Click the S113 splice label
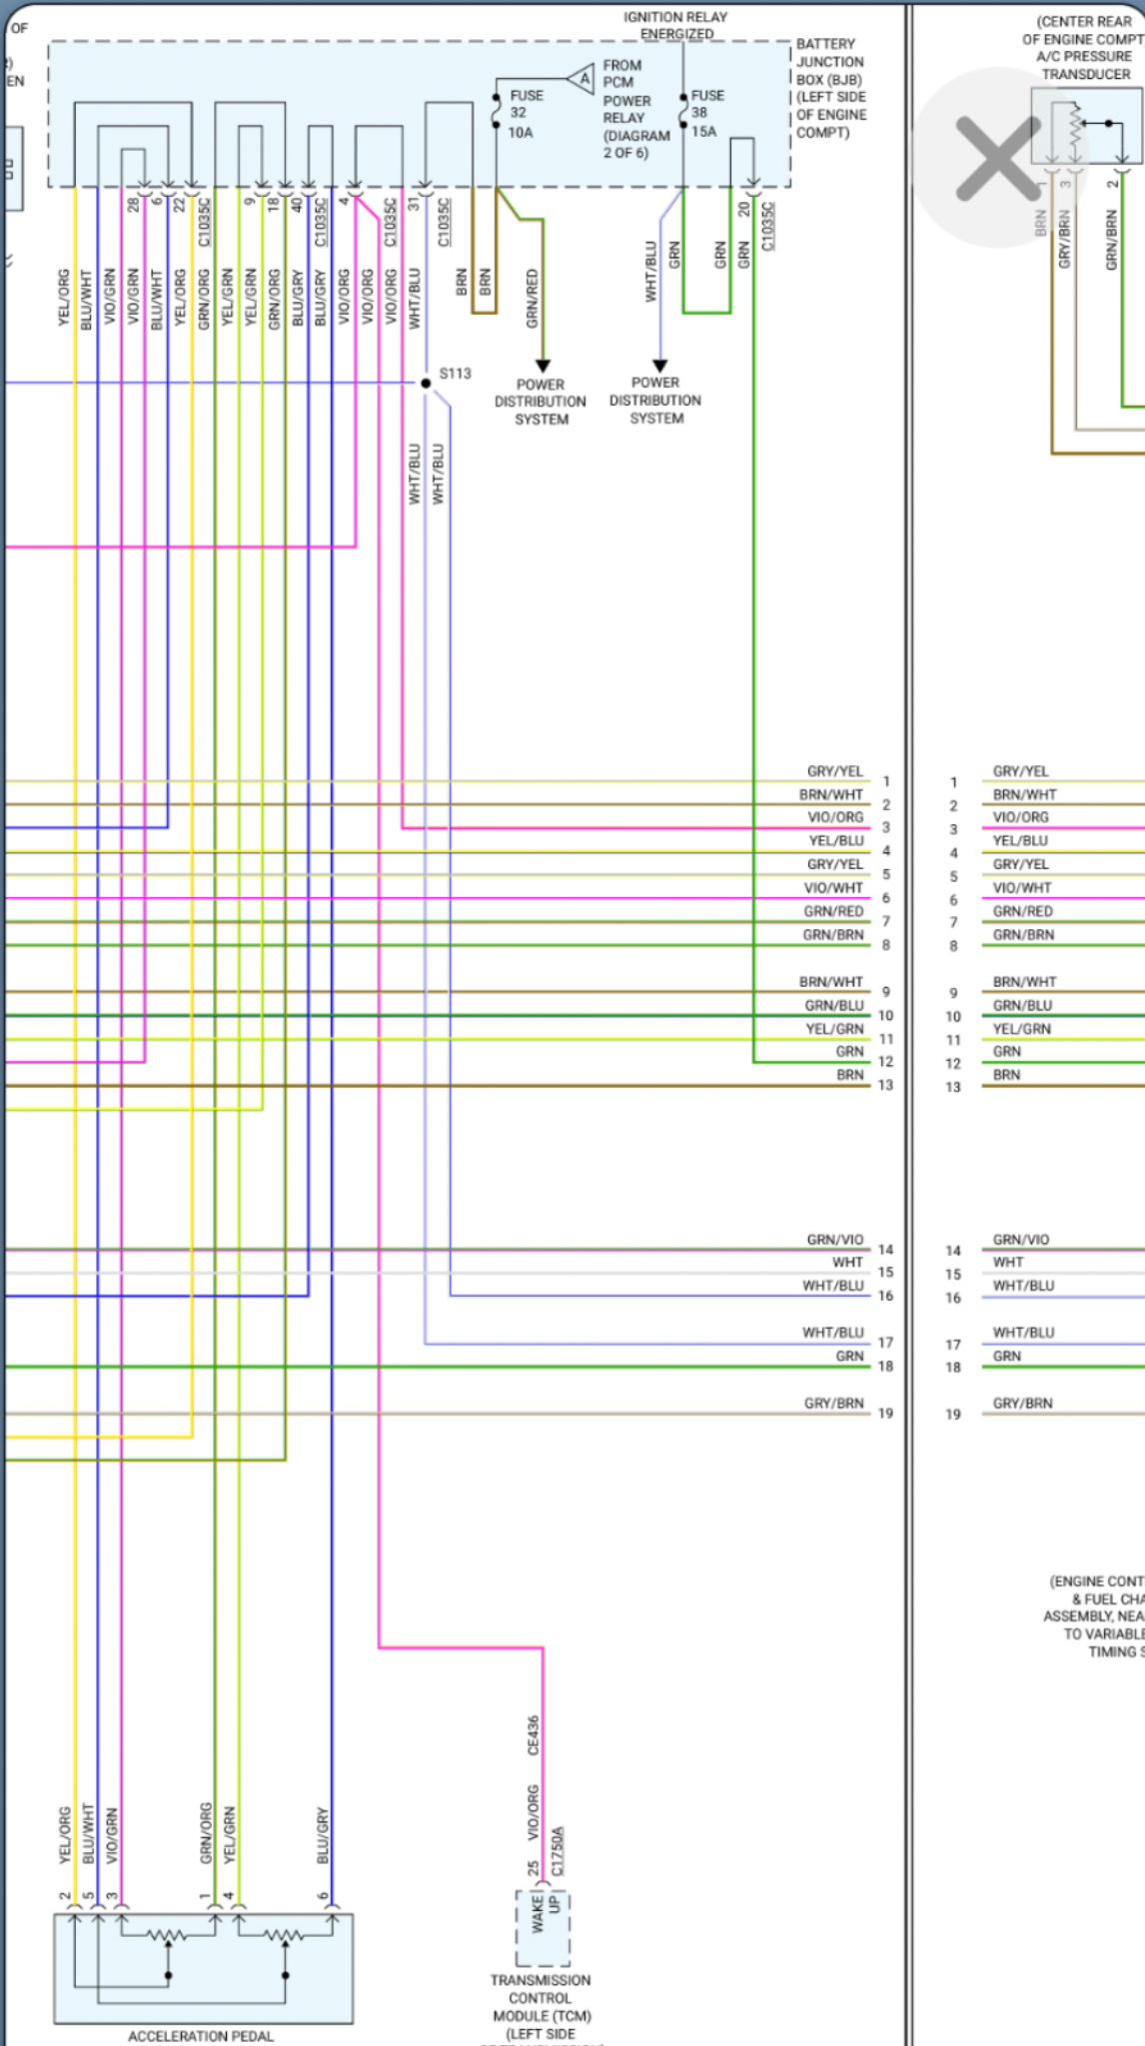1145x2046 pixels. point(455,374)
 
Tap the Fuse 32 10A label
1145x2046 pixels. point(525,114)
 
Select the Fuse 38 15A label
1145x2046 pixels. point(706,113)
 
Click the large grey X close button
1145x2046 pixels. point(998,159)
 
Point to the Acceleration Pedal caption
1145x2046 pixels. point(201,2036)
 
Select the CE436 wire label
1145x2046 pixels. point(534,1735)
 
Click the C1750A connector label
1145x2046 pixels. point(558,1851)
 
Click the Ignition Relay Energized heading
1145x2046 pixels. point(675,25)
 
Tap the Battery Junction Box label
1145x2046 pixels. point(830,88)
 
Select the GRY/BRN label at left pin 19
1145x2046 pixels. point(833,1404)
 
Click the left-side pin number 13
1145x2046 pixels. point(885,1085)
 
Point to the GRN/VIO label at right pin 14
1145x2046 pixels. point(1021,1240)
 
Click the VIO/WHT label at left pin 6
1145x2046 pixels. point(832,888)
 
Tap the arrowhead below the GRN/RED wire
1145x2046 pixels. point(543,367)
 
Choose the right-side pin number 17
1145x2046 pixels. point(953,1345)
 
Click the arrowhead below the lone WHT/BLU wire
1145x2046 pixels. point(659,366)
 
